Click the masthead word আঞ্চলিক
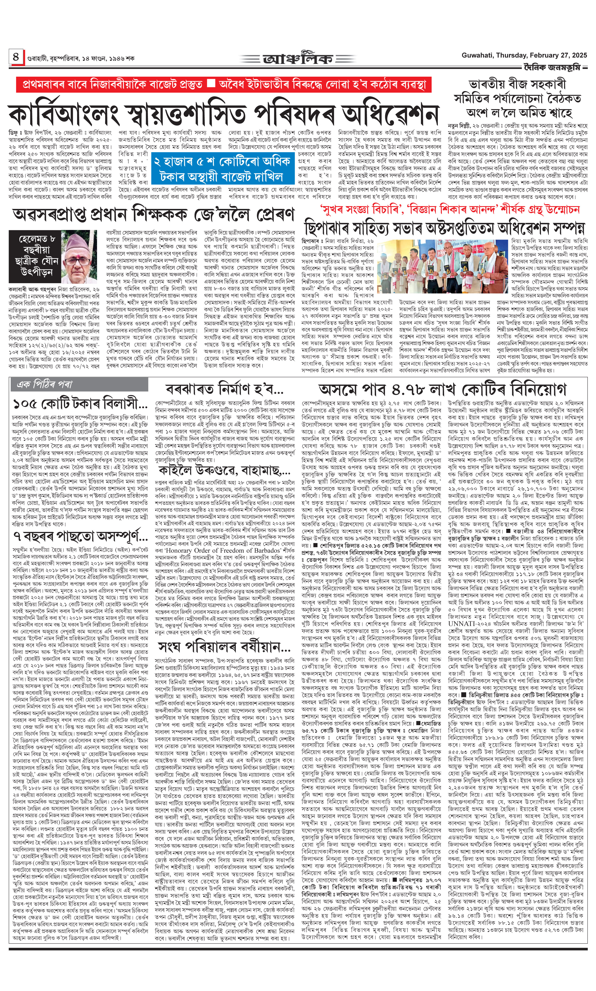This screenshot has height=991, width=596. click(298, 59)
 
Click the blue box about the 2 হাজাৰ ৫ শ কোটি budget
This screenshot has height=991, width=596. click(222, 170)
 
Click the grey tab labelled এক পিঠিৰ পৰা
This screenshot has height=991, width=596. click(44, 384)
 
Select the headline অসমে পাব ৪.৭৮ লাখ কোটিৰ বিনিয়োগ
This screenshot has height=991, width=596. click(442, 389)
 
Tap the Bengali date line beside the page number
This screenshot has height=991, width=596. click(80, 58)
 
